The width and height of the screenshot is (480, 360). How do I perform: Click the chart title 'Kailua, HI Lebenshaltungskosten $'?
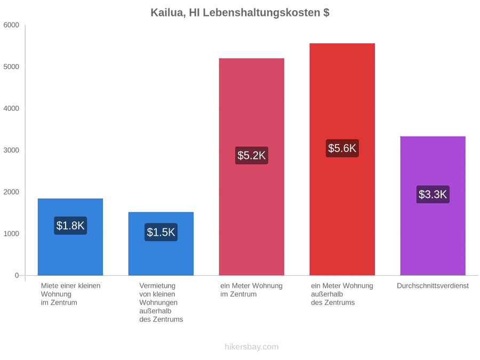click(239, 13)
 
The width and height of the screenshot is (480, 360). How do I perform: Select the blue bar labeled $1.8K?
click(70, 237)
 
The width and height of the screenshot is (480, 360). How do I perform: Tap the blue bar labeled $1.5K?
click(161, 244)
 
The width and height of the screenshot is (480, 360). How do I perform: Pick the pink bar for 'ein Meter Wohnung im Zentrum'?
click(252, 167)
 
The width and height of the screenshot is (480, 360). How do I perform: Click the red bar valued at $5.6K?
click(342, 159)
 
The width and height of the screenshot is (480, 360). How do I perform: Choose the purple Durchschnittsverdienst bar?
click(433, 206)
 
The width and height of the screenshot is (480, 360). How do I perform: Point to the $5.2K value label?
click(252, 156)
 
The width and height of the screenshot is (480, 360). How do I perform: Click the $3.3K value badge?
click(433, 194)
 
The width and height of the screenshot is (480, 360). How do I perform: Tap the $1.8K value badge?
click(70, 226)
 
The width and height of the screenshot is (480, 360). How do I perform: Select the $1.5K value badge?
click(161, 233)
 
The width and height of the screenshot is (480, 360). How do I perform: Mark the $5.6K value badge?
click(342, 148)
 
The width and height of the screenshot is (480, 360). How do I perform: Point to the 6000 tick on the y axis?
click(11, 25)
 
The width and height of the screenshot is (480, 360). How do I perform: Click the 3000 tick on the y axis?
click(11, 150)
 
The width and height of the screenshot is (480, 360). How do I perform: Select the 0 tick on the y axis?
click(17, 276)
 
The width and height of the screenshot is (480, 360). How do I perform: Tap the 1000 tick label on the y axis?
click(11, 234)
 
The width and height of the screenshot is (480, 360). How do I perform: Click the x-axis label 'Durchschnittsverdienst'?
click(433, 286)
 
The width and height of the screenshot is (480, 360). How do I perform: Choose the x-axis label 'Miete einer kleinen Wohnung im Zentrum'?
click(71, 294)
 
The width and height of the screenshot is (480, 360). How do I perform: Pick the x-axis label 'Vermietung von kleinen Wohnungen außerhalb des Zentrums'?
click(161, 302)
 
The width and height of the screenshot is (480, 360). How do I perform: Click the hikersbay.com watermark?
click(252, 347)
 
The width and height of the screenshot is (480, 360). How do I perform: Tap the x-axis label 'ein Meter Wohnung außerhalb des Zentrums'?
click(342, 294)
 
